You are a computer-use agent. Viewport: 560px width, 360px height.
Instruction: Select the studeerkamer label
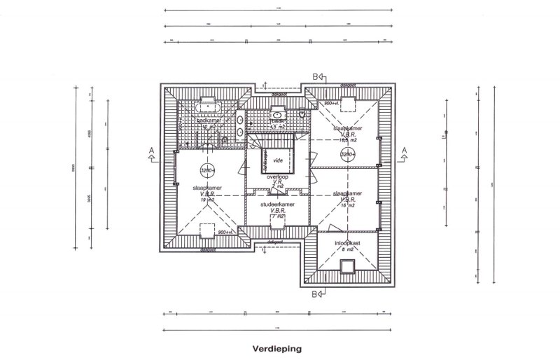(x=276, y=205)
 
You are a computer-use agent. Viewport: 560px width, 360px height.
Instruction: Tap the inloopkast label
(x=346, y=244)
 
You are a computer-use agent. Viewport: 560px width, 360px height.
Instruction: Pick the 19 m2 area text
(x=206, y=200)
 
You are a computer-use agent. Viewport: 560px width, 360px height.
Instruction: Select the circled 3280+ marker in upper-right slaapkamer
(x=347, y=154)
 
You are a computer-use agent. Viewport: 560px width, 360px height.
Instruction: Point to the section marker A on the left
(x=151, y=153)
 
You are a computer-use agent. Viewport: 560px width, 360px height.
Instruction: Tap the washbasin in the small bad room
(x=278, y=114)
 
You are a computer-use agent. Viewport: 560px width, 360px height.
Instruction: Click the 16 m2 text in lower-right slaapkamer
(x=347, y=206)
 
